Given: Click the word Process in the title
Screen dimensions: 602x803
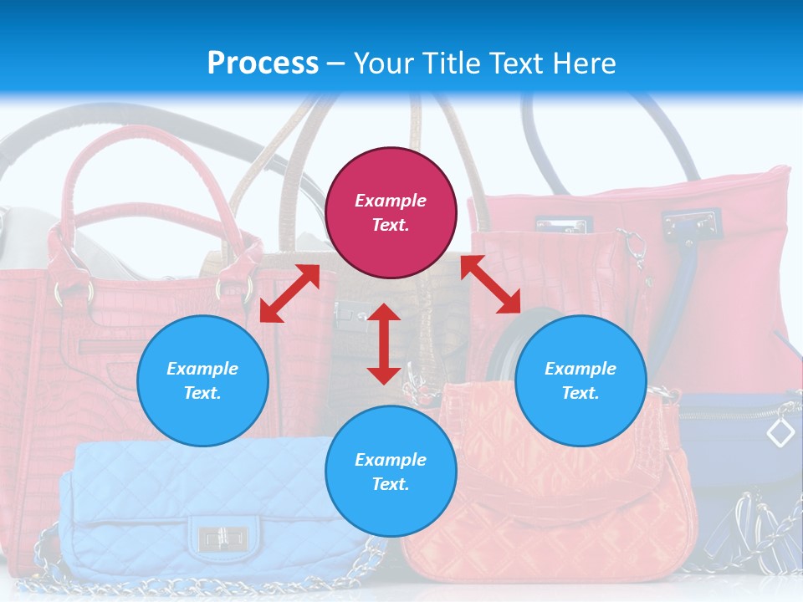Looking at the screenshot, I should (263, 64).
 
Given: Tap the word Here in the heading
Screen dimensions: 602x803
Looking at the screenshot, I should (583, 64).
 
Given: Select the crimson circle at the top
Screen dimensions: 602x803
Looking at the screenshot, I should (391, 212).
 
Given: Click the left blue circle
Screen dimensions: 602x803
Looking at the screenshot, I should (202, 380).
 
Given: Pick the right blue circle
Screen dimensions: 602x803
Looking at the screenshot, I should (581, 380).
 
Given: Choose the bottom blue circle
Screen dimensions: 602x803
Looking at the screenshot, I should (391, 472).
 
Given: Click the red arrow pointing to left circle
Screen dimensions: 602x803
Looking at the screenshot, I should (289, 293).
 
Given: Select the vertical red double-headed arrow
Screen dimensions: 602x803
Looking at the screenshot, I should (384, 344).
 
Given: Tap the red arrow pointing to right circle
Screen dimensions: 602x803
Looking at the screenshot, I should (490, 284).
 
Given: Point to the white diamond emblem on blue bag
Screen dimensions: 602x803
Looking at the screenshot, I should (780, 432).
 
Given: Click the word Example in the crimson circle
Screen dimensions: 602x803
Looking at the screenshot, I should (391, 201).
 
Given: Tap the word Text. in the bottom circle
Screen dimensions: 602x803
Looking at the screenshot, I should (391, 484).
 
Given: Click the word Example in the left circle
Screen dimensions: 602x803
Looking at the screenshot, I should (202, 369).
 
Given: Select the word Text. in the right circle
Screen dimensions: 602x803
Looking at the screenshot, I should (581, 393).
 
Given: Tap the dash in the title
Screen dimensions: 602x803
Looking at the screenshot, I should (335, 64).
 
